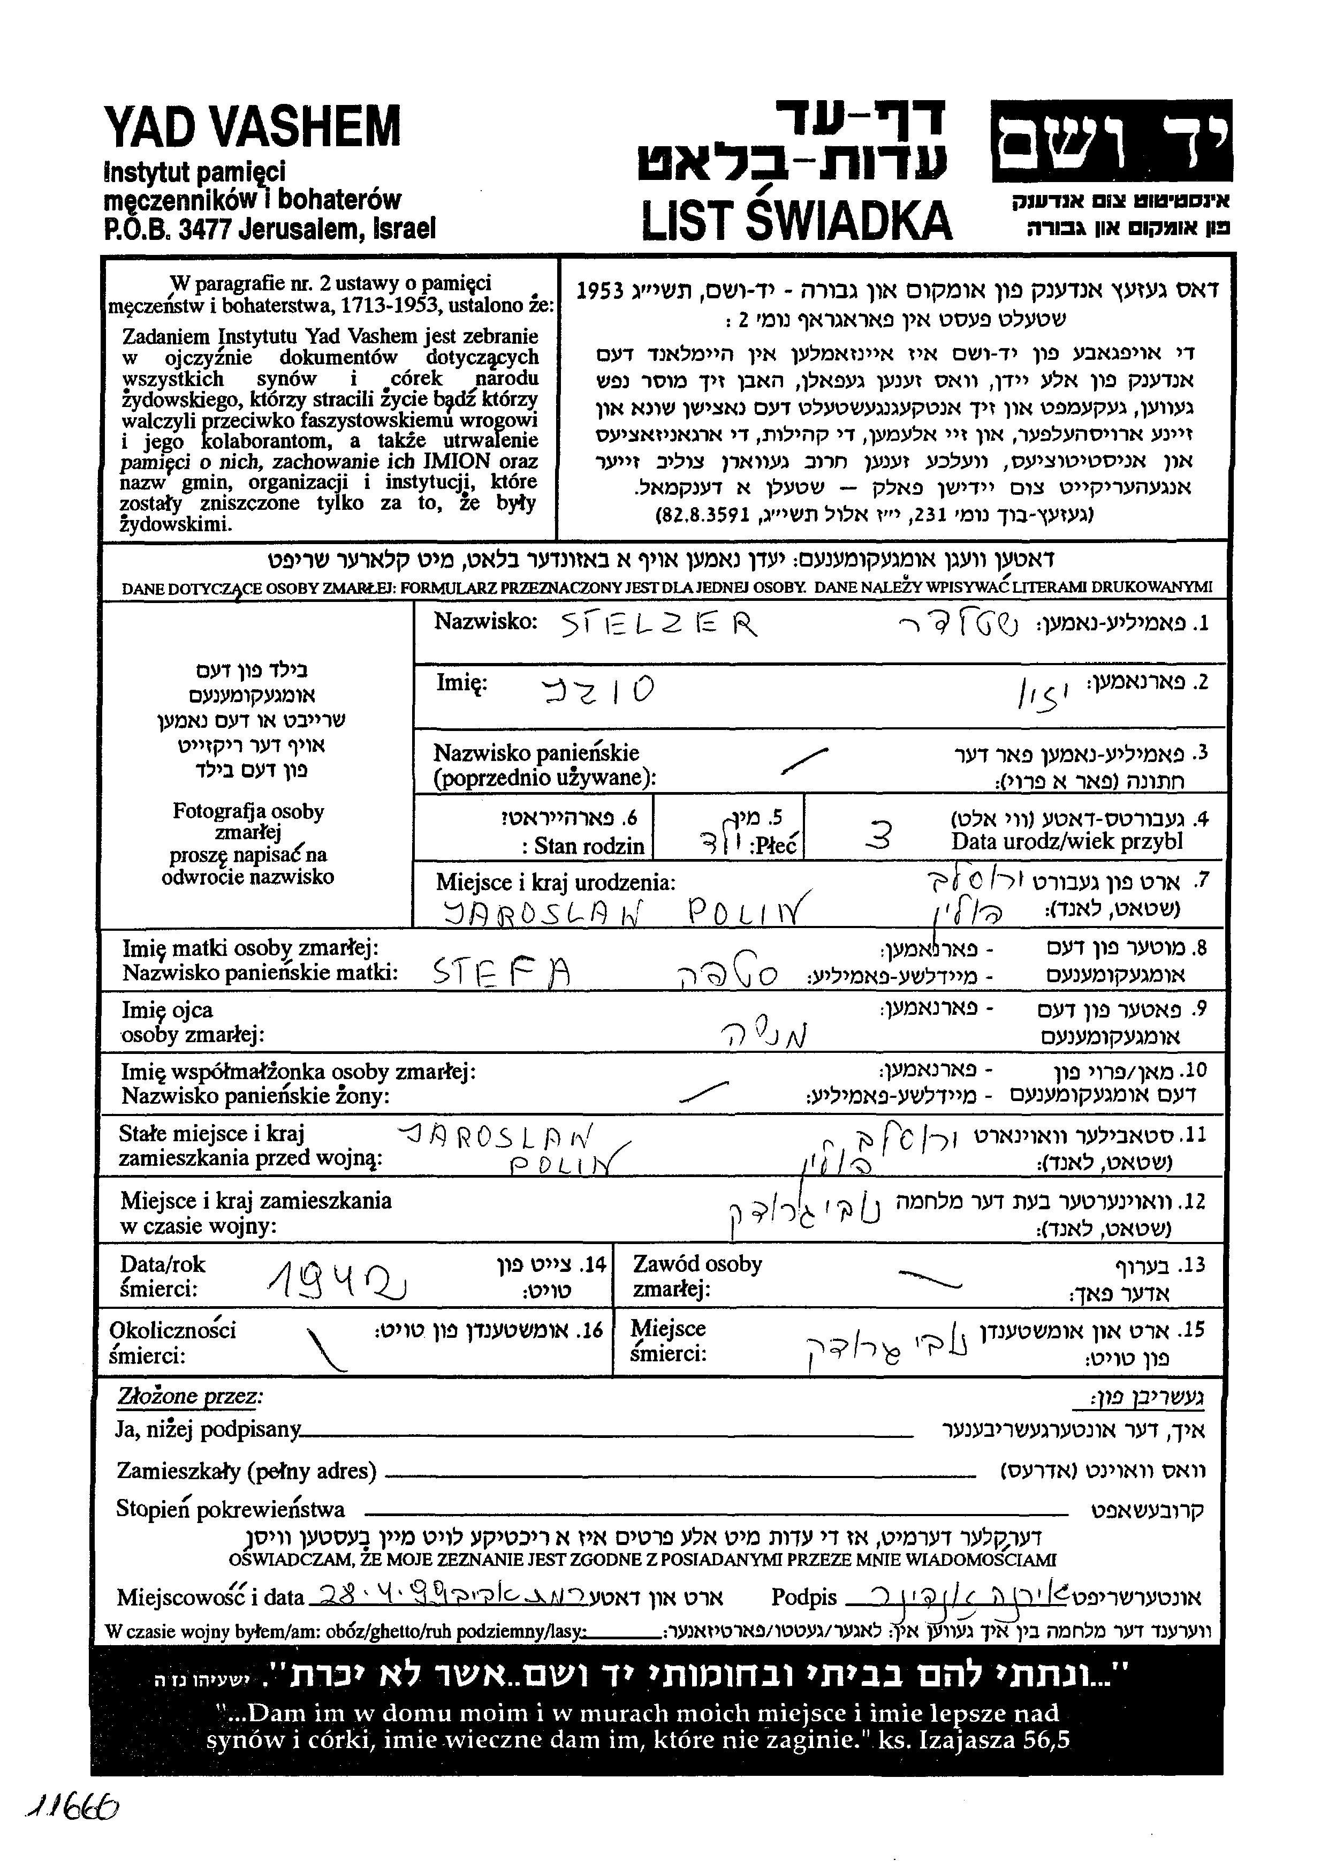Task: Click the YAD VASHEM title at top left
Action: click(252, 128)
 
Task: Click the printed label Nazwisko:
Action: click(485, 622)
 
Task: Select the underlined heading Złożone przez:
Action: click(191, 1396)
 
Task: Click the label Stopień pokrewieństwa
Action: click(230, 1510)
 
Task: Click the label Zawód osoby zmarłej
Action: click(697, 1277)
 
